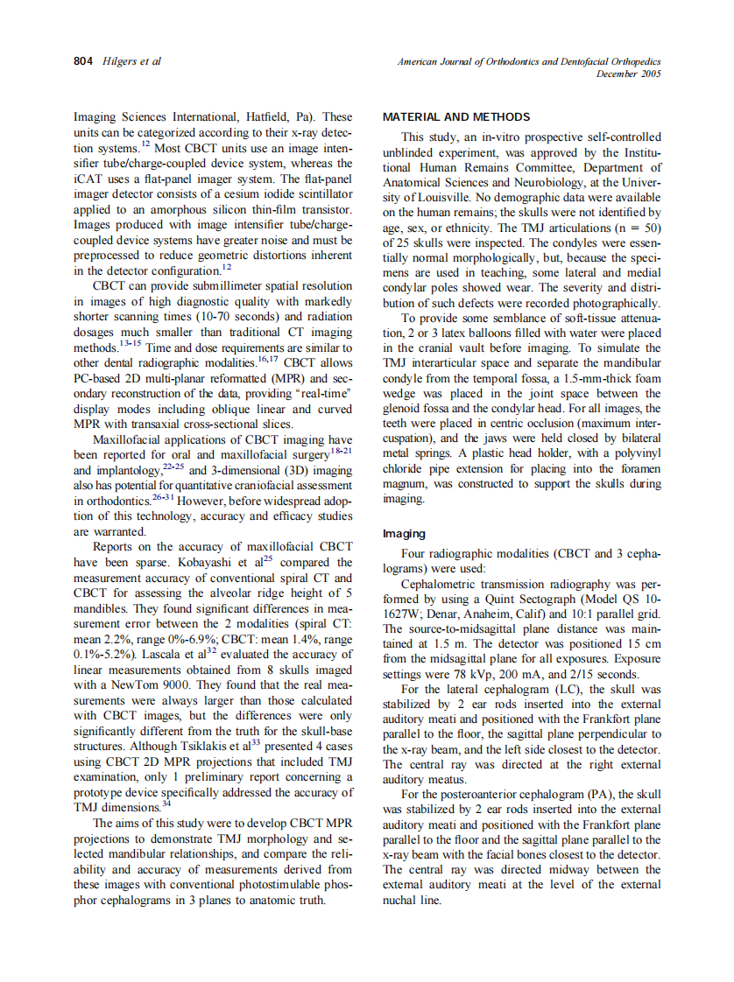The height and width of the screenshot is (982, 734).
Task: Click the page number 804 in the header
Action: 84,61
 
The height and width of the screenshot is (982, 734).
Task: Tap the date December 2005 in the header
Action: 628,74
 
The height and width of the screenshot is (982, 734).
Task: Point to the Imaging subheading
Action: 404,533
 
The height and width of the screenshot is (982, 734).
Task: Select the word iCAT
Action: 89,179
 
